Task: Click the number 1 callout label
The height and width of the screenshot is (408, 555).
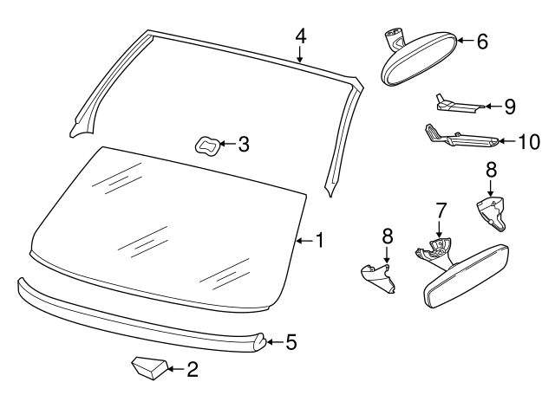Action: [x=319, y=240]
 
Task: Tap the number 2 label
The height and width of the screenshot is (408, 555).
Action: [x=193, y=371]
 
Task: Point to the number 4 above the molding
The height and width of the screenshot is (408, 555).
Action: [x=300, y=36]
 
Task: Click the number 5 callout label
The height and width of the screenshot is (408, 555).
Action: [x=291, y=342]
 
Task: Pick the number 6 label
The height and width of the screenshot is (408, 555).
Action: [x=483, y=41]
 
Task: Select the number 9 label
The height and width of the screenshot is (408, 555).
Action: [x=509, y=107]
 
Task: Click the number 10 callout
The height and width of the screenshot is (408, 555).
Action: [x=528, y=140]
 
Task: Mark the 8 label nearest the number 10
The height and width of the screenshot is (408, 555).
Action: [x=491, y=170]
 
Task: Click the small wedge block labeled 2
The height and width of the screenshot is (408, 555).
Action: [x=147, y=370]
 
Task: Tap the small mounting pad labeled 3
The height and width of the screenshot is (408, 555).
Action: [x=208, y=146]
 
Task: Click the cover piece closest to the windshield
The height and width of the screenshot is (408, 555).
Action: [x=378, y=277]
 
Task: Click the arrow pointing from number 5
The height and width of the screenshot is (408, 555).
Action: [x=271, y=342]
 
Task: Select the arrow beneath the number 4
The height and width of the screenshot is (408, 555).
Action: [x=300, y=56]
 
